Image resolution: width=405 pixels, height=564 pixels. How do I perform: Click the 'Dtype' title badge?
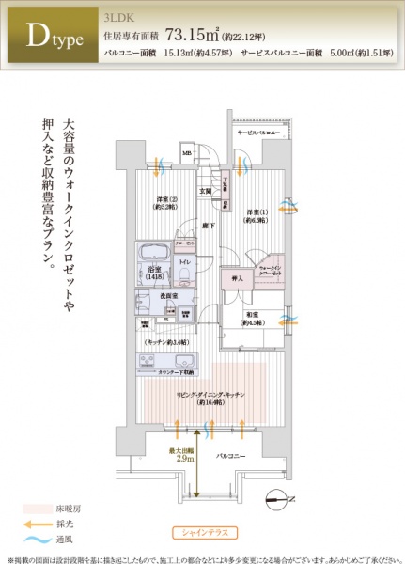tap(50, 37)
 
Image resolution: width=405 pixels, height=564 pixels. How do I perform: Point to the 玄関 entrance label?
tap(204, 191)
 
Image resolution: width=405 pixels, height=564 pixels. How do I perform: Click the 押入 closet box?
tap(238, 278)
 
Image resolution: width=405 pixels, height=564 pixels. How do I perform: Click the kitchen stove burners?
tap(153, 361)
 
